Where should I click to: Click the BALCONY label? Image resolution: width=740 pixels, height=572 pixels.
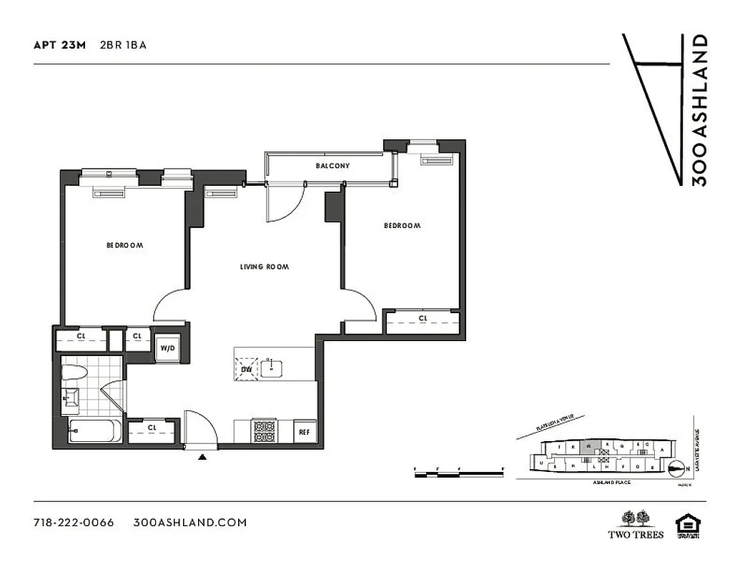[x=332, y=166]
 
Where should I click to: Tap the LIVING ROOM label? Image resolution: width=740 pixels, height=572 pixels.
[x=264, y=267]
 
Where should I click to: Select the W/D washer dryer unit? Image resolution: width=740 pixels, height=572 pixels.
[x=168, y=349]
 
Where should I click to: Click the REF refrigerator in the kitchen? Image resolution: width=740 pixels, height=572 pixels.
[x=304, y=432]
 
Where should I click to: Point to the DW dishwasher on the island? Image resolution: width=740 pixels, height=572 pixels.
[x=247, y=368]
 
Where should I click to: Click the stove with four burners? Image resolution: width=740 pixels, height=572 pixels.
[x=264, y=431]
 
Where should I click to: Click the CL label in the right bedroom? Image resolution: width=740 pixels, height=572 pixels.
[x=423, y=318]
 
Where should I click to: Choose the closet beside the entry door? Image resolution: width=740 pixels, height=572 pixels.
[x=152, y=429]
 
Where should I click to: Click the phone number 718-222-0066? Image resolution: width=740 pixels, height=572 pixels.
[x=74, y=522]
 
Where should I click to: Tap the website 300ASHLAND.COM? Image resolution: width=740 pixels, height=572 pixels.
[x=190, y=522]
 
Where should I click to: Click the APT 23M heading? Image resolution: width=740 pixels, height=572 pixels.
[x=59, y=44]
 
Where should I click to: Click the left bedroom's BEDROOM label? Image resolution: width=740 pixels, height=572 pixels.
[x=124, y=245]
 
